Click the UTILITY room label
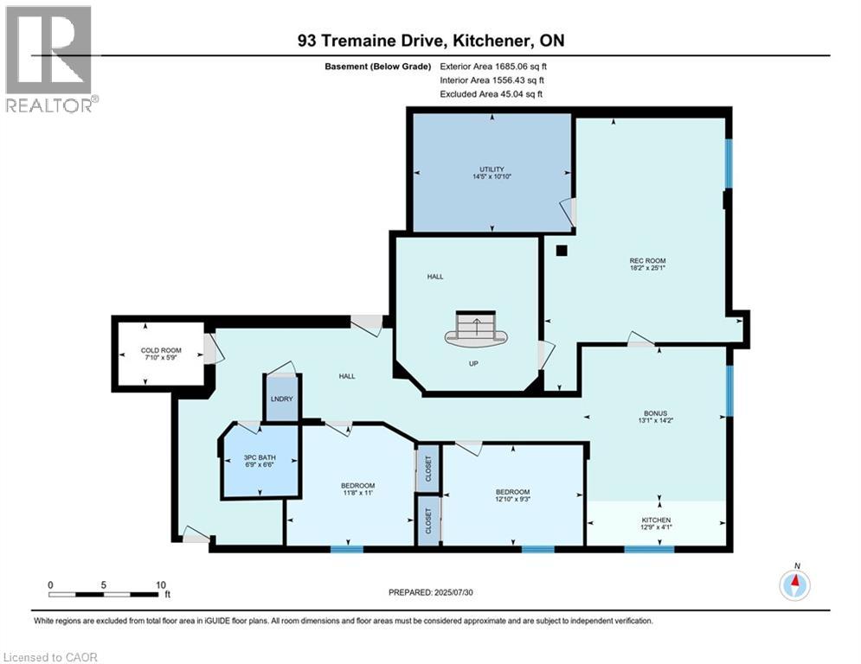[492, 169]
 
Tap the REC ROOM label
[647, 260]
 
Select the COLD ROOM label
[160, 350]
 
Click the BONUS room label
[654, 413]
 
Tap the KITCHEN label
[656, 520]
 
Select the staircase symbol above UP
[474, 329]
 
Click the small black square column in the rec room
[562, 251]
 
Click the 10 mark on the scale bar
[161, 584]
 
